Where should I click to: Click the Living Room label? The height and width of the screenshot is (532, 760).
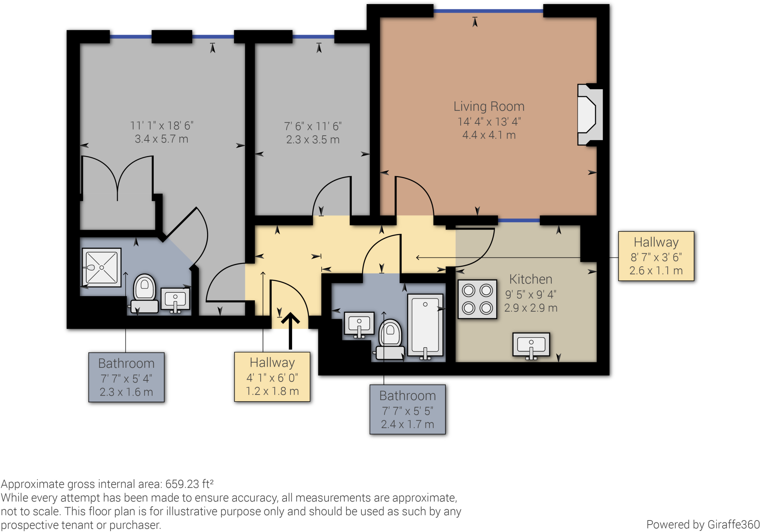tap(489, 107)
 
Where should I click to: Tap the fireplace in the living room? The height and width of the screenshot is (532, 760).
tap(589, 114)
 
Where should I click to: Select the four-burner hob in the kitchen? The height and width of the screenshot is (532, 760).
tap(477, 299)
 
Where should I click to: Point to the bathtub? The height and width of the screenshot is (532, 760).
tap(425, 325)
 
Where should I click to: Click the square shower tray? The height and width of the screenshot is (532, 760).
tap(102, 267)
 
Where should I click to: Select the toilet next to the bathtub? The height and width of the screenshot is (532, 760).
tap(390, 339)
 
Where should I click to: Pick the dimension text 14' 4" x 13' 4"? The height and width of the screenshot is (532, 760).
tap(489, 122)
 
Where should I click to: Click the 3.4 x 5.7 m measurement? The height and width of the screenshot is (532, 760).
tap(161, 139)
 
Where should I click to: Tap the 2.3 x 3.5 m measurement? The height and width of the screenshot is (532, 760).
tap(313, 140)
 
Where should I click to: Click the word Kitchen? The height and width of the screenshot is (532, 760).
tap(530, 279)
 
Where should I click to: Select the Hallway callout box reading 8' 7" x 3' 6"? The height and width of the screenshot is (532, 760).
tap(656, 256)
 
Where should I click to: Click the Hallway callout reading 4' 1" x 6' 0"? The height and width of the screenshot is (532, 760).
tap(272, 377)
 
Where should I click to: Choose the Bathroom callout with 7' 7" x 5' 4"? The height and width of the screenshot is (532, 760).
tap(126, 377)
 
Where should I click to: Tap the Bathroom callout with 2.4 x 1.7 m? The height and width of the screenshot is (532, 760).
tap(407, 410)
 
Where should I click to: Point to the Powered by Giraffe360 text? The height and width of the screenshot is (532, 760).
tap(702, 525)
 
